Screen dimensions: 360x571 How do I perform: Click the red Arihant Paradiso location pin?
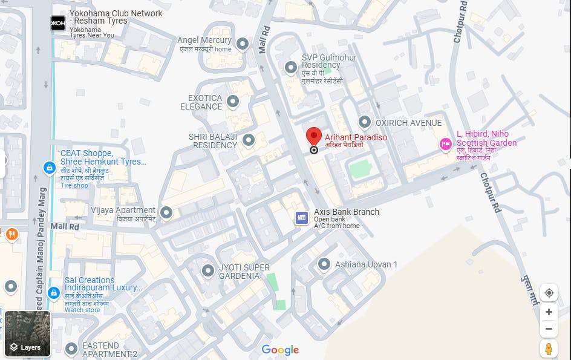click(313, 136)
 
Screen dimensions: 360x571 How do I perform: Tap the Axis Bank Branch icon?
click(302, 218)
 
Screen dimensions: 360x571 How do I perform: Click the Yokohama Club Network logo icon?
click(58, 22)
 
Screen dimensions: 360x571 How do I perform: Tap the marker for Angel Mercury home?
click(243, 44)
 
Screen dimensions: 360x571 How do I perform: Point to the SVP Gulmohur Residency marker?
click(290, 66)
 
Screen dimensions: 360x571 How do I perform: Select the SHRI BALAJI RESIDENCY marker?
click(248, 140)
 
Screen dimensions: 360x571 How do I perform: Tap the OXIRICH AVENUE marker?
click(365, 122)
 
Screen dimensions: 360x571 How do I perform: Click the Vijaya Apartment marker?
click(166, 212)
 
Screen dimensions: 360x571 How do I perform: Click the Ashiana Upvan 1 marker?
click(325, 264)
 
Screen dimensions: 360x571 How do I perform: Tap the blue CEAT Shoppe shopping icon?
click(50, 168)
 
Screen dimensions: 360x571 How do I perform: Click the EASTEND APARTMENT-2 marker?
click(72, 349)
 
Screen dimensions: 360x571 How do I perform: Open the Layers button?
click(27, 334)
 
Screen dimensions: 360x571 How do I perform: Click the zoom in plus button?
click(549, 312)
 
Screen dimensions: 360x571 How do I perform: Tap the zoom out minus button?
click(549, 329)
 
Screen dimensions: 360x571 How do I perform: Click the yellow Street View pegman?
click(549, 349)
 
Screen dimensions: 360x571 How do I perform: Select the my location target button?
click(549, 293)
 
